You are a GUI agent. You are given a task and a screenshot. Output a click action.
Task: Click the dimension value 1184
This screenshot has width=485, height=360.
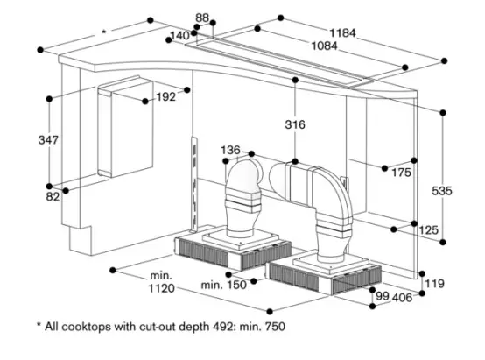344,33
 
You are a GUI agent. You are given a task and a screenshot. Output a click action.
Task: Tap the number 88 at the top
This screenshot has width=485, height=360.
202,18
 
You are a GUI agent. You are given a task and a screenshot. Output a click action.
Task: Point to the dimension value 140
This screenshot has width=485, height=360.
179,36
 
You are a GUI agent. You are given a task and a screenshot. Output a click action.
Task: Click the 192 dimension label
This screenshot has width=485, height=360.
166,97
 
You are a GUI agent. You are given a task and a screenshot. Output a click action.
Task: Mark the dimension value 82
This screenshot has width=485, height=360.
53,197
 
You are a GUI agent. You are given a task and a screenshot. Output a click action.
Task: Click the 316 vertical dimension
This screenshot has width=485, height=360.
295,125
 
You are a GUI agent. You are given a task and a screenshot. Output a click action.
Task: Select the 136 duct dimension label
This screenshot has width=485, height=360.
230,150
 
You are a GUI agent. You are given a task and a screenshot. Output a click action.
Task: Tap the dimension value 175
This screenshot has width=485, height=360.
400,173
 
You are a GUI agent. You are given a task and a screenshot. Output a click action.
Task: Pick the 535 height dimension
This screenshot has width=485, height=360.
446,192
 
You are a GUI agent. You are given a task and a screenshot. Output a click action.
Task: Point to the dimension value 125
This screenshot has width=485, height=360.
428,229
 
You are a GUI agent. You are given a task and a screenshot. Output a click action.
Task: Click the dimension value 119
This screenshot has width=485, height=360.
433,284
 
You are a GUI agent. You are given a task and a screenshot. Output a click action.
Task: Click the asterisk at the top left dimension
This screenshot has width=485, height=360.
104,32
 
